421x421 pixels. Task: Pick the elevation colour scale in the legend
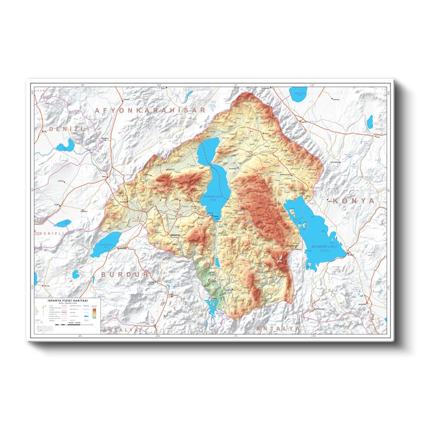[x=93, y=314]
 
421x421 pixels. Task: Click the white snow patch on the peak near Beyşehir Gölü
[x=279, y=258]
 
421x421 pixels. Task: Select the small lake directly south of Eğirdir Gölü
[x=217, y=262]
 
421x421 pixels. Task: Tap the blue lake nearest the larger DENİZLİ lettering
[x=67, y=145]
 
